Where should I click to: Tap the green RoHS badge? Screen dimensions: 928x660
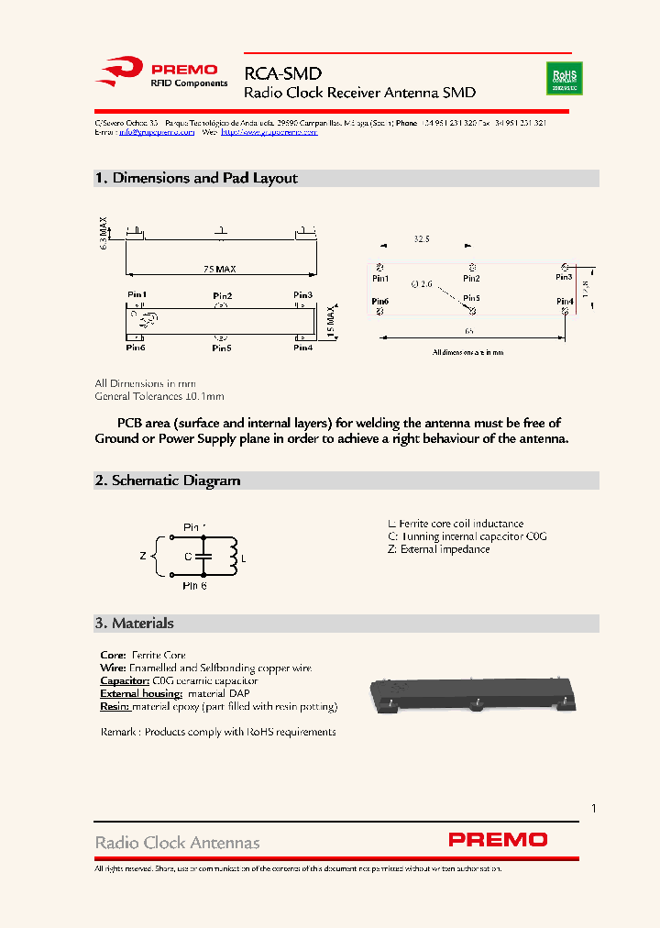(x=565, y=78)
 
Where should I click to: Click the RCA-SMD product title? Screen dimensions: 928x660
(x=282, y=73)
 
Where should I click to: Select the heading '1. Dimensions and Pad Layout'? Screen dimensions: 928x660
(x=196, y=178)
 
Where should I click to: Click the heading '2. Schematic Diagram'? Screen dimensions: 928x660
(x=168, y=481)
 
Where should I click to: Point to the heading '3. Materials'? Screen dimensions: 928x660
(x=134, y=624)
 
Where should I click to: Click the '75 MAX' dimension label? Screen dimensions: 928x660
(x=220, y=269)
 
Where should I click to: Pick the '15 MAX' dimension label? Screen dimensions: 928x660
(x=331, y=320)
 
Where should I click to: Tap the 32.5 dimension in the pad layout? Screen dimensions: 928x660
(x=422, y=238)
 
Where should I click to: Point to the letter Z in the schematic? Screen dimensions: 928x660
(x=142, y=556)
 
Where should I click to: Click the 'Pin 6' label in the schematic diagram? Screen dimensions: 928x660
(x=194, y=585)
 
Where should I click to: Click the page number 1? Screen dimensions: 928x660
(x=594, y=808)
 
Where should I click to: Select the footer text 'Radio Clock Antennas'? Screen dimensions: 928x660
(x=178, y=842)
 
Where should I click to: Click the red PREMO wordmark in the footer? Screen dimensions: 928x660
(x=498, y=840)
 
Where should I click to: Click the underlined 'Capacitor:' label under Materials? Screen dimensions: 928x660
(x=124, y=681)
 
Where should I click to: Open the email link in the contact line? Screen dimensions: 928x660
(x=156, y=132)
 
